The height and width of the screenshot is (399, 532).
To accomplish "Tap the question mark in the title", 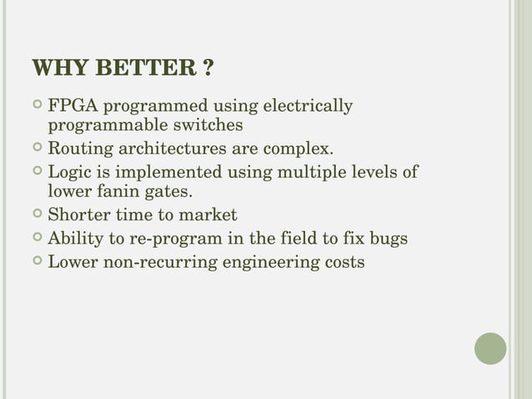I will point(205,68).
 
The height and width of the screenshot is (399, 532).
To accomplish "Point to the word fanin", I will point(113,192).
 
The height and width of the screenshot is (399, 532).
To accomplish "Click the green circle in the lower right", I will point(490,348).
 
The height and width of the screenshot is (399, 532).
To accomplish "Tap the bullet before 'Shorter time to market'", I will point(36,216).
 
